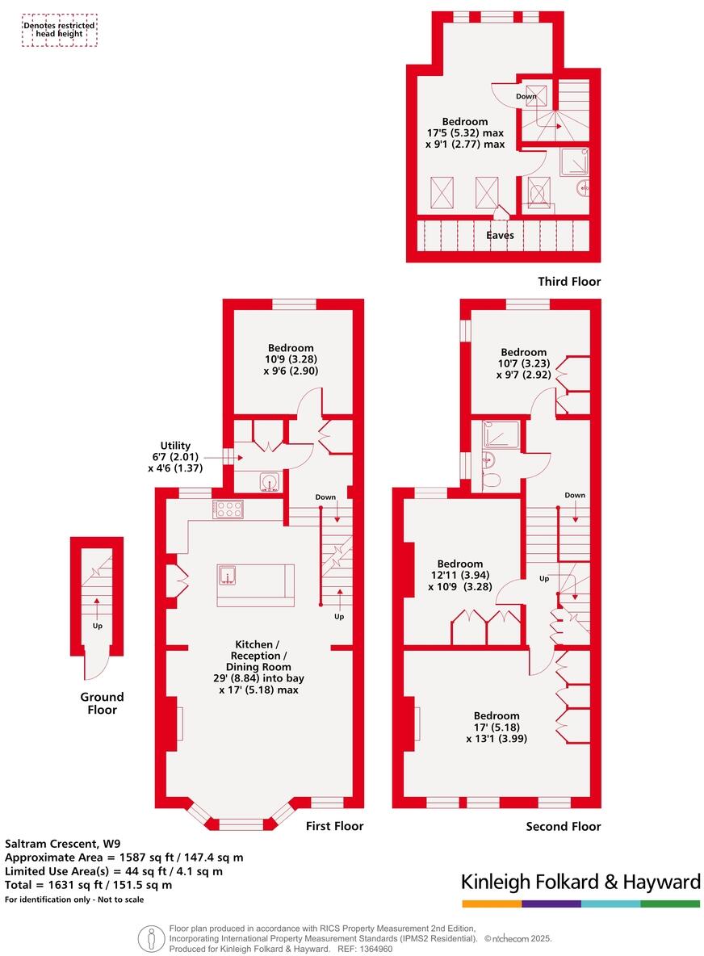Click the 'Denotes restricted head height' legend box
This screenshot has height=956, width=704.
59,30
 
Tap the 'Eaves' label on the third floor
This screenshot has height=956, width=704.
500,235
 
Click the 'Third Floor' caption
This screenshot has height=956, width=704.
569,282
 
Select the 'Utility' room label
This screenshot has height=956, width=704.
175,446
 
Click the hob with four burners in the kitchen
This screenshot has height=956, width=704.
228,509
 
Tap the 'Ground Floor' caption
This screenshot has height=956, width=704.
102,703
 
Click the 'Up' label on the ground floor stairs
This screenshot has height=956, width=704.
97,625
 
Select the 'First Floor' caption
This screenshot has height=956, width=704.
334,826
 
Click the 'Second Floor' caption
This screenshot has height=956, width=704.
563,826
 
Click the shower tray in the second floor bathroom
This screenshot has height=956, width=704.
499,436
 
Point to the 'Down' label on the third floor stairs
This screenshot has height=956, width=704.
526,96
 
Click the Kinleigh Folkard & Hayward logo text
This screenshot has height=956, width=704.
580,883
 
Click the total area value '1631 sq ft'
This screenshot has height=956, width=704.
69,885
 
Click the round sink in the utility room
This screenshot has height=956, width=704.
270,482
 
